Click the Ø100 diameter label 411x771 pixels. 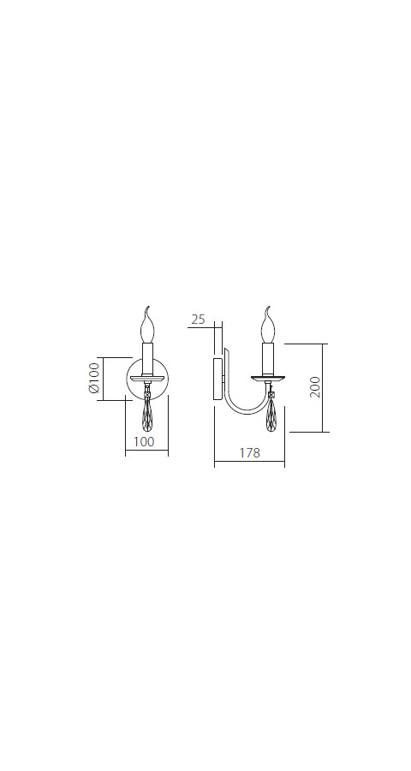point(94,379)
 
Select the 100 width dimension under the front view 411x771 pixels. point(146,442)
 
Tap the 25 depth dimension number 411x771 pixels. point(198,320)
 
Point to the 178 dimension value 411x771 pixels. point(248,454)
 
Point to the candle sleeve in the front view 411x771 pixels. point(147,356)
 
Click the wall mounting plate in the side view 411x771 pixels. point(218,379)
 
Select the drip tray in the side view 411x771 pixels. point(269,378)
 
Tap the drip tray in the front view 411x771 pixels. point(147,377)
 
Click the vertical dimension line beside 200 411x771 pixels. point(325,387)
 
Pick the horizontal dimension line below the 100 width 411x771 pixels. point(146,453)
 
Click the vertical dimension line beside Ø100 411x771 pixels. point(104,379)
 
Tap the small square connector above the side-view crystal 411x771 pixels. point(272,391)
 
